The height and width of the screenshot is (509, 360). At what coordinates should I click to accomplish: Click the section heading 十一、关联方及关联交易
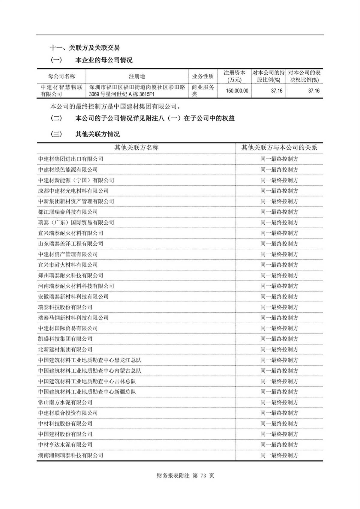85,47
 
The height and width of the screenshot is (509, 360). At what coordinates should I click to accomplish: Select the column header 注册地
137,76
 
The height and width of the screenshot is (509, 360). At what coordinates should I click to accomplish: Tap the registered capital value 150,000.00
237,91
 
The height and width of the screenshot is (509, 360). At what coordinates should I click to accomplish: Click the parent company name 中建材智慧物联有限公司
61,91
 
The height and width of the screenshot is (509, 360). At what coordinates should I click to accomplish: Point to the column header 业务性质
203,76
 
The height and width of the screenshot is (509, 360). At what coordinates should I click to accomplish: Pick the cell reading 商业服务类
203,91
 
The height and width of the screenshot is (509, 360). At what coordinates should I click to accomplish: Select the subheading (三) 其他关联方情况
85,134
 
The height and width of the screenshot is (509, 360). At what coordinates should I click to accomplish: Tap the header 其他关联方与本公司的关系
279,148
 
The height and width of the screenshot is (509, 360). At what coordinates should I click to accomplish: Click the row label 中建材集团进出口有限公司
70,159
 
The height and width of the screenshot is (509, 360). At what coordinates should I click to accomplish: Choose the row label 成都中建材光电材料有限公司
73,191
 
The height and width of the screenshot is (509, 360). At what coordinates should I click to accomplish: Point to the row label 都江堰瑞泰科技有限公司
68,212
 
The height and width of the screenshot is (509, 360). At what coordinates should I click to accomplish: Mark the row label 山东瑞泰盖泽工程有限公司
70,244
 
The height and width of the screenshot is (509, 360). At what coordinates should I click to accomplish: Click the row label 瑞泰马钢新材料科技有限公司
73,318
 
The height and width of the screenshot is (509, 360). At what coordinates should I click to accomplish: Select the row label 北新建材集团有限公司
65,349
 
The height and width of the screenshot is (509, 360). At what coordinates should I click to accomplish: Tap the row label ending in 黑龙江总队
89,360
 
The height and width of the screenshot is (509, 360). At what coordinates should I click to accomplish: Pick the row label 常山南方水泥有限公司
65,402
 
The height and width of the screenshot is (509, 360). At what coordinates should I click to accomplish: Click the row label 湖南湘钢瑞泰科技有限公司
70,455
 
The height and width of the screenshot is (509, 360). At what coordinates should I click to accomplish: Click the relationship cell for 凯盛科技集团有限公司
279,339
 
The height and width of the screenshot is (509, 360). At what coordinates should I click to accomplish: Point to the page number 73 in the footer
203,476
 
